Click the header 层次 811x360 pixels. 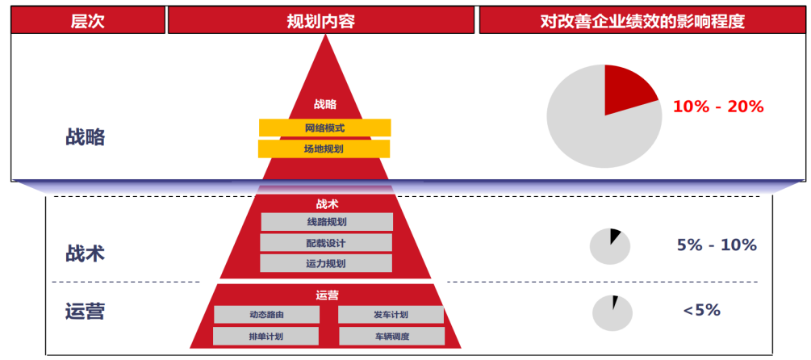point(87,22)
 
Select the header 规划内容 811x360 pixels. point(321,22)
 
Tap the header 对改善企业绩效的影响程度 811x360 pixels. point(642,22)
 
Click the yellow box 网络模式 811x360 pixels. point(324,128)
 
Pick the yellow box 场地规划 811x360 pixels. point(324,149)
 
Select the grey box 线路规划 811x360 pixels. point(326,222)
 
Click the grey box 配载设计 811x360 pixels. point(326,243)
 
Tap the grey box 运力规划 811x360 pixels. point(326,263)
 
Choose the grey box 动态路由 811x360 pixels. point(266,315)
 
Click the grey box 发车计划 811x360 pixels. point(391,315)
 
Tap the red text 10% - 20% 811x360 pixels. point(717,107)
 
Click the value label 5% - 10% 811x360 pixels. point(717,245)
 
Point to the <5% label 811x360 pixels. point(701,310)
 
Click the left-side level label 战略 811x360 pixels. point(86,137)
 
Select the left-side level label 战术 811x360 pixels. point(86,253)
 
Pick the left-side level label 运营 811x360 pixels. point(86,311)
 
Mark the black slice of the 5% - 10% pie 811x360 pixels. point(615,237)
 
